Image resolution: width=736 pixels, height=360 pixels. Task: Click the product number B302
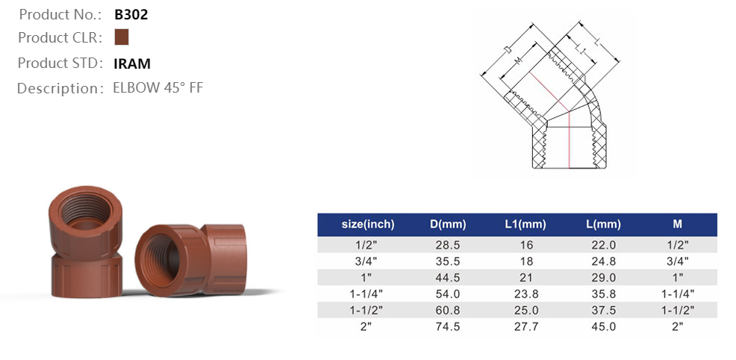[x=131, y=14]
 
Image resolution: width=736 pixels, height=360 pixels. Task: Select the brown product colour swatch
[x=122, y=37]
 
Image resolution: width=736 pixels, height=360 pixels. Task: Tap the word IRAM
[x=132, y=63]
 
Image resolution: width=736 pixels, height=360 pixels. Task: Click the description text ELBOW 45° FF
[x=158, y=88]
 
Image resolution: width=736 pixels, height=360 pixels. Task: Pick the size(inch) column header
[x=367, y=224]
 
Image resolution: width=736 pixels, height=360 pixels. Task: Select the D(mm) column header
[x=448, y=224]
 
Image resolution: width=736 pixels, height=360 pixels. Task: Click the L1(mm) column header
[x=525, y=224]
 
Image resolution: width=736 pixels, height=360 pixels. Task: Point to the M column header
[x=677, y=224]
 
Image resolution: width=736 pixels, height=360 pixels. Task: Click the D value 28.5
[x=448, y=245]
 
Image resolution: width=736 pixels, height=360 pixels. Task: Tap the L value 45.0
[x=604, y=326]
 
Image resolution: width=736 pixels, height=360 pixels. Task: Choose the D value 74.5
[x=448, y=326]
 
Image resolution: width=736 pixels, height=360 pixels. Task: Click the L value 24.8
[x=604, y=261]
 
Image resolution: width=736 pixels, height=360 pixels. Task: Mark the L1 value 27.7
[x=525, y=326]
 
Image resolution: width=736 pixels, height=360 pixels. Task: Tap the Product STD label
[x=60, y=63]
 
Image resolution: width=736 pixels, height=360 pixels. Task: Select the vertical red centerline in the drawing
[x=571, y=142]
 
